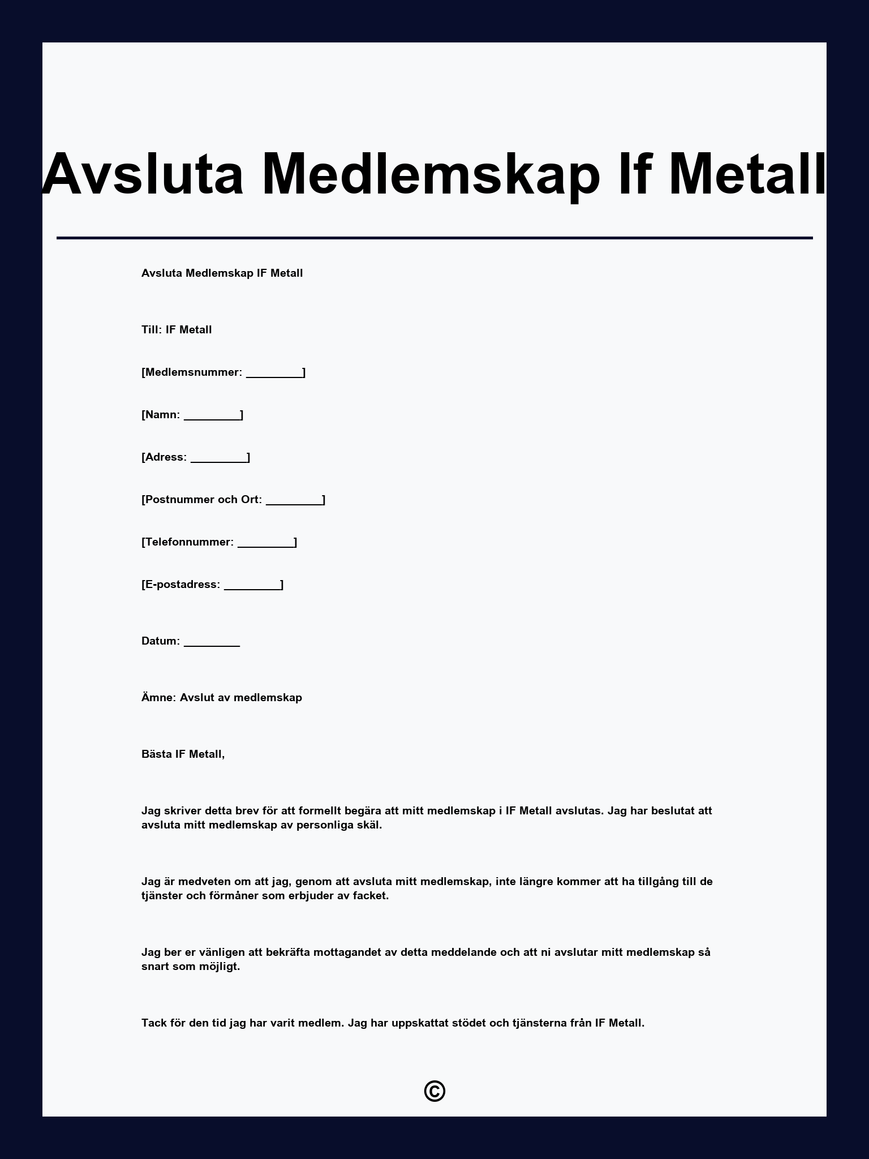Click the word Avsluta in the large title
[143, 174]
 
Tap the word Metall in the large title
[747, 174]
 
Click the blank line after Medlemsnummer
[274, 374]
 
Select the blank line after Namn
[212, 416]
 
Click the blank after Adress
[219, 458]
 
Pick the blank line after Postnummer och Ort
[294, 501]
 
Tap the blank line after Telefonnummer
[266, 543]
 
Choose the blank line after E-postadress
[252, 586]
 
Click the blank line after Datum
[212, 642]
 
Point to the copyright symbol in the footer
[434, 1091]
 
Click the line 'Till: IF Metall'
[177, 330]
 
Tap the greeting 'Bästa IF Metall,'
[183, 754]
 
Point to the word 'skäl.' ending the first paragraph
[368, 825]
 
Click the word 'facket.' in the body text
[371, 896]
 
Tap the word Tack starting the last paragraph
[154, 1023]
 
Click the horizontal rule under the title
[434, 238]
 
